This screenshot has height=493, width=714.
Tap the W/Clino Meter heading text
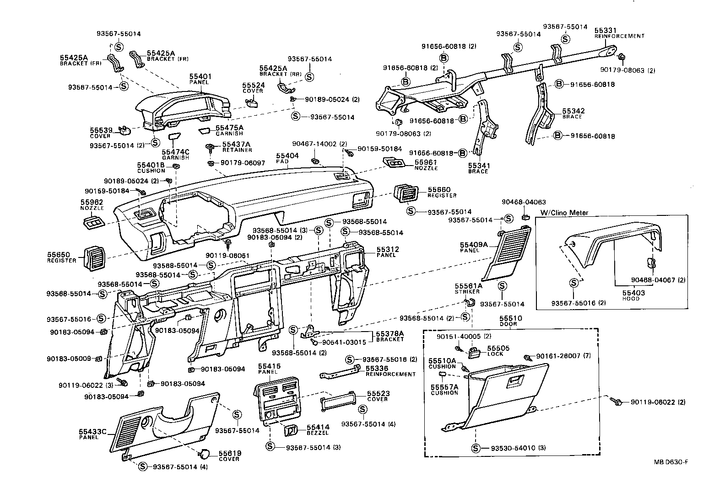click(564, 213)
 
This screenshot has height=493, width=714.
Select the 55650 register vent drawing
click(93, 258)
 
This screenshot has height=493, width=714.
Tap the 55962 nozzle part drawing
click(93, 223)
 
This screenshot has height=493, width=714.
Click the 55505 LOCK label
click(495, 351)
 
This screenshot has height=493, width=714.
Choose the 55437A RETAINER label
click(237, 147)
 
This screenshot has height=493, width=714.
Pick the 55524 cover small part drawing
click(252, 102)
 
